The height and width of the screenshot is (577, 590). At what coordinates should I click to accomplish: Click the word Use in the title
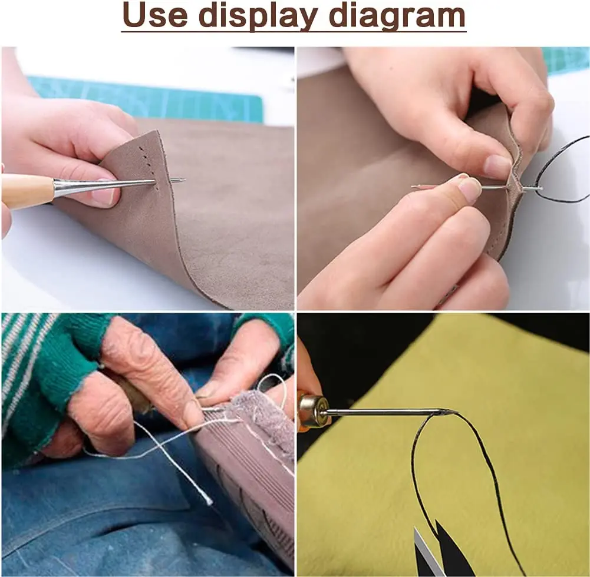tap(156, 15)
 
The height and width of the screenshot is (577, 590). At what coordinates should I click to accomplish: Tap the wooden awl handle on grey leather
tap(26, 191)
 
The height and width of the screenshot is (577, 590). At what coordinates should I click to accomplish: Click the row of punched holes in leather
tap(149, 165)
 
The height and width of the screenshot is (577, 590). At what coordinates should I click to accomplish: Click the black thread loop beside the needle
tap(562, 171)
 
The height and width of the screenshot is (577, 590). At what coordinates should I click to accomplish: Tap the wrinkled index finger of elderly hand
tap(150, 372)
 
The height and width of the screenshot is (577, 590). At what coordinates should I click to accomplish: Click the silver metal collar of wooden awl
tap(70, 187)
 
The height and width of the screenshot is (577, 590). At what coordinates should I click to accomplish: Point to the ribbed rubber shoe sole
tap(245, 500)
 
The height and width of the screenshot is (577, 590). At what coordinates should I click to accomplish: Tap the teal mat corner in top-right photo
tap(566, 60)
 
